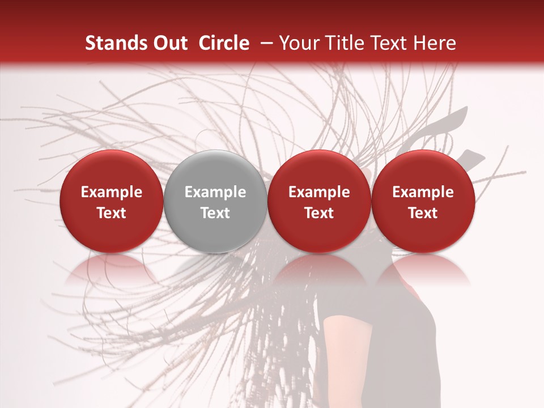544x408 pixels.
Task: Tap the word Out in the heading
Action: (x=169, y=43)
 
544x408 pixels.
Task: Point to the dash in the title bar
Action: (x=265, y=43)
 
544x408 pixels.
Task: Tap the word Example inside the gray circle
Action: (x=215, y=192)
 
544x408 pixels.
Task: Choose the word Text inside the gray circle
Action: (x=215, y=213)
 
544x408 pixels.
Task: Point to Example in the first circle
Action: (x=112, y=192)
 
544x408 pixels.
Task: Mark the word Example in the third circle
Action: (x=319, y=192)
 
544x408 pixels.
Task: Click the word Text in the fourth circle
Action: (x=423, y=213)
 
